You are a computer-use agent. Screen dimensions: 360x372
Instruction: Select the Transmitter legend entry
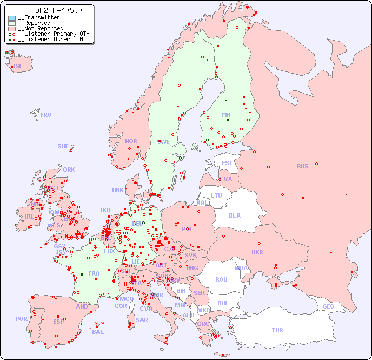pos(41,18)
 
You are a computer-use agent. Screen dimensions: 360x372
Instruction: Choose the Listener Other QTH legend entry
pos(49,39)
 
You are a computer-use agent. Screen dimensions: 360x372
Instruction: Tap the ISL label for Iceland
pos(18,67)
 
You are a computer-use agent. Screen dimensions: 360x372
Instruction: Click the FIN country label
pos(226,115)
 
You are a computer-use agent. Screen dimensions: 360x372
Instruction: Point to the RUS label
pos(302,166)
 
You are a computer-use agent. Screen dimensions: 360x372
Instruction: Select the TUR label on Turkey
pos(277,330)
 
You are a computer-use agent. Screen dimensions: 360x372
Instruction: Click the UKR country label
pos(257,252)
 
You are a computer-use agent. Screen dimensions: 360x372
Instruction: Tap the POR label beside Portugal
pos(21,319)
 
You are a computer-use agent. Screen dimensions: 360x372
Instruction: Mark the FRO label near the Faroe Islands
pos(46,115)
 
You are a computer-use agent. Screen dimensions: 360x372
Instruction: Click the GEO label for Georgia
pos(328,306)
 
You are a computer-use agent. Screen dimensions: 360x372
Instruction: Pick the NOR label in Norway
pos(131,141)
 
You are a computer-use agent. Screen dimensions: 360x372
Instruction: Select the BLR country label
pos(235,215)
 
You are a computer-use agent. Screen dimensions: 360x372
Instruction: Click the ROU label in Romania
pos(221,279)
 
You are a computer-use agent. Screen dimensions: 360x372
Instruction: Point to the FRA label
pos(94,273)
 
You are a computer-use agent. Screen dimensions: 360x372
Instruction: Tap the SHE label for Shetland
pos(63,146)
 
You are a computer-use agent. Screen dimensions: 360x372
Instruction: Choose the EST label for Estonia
pos(227,163)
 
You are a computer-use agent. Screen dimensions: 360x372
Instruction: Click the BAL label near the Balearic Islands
pos(98,332)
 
